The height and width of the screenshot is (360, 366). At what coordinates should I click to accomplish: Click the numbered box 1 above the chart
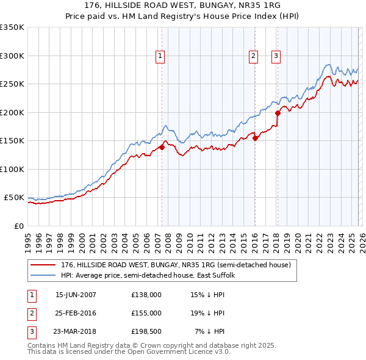point(160,56)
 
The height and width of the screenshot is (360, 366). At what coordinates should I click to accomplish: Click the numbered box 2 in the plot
point(253,56)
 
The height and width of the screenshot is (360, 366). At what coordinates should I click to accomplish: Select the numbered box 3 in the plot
point(276,56)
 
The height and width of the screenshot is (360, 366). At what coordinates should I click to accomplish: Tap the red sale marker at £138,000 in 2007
point(162,147)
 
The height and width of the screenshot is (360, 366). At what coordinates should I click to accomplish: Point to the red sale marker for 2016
point(255,138)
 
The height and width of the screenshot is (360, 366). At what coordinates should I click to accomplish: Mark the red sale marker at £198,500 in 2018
point(278,113)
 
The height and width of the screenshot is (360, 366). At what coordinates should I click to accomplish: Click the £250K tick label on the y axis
point(12,84)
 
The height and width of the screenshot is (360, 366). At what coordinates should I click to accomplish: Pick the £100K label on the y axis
point(12,169)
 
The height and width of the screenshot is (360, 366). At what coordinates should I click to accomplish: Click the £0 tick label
point(18,226)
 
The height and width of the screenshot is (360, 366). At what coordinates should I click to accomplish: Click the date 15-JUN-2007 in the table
point(76,295)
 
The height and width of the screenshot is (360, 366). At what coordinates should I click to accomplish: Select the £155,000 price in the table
point(146,313)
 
